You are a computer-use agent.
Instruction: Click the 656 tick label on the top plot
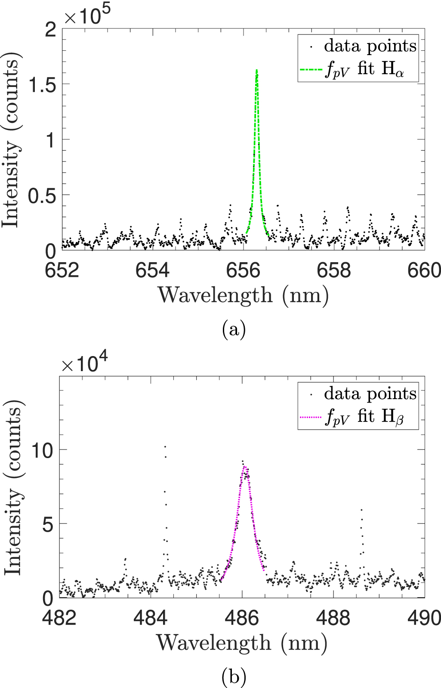244,270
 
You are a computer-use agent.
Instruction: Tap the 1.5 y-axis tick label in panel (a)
42,85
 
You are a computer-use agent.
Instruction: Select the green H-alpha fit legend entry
357,69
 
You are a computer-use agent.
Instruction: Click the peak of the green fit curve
257,70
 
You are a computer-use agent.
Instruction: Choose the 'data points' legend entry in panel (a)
357,46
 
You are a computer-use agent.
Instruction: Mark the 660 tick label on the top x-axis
423,270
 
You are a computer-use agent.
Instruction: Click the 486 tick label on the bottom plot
242,618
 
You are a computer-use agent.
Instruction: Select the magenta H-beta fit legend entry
357,416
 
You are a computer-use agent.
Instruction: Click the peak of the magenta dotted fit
244,467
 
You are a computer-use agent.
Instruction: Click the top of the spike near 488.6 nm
361,510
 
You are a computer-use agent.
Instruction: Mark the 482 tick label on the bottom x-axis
59,618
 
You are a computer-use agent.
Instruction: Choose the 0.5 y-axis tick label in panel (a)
42,196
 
